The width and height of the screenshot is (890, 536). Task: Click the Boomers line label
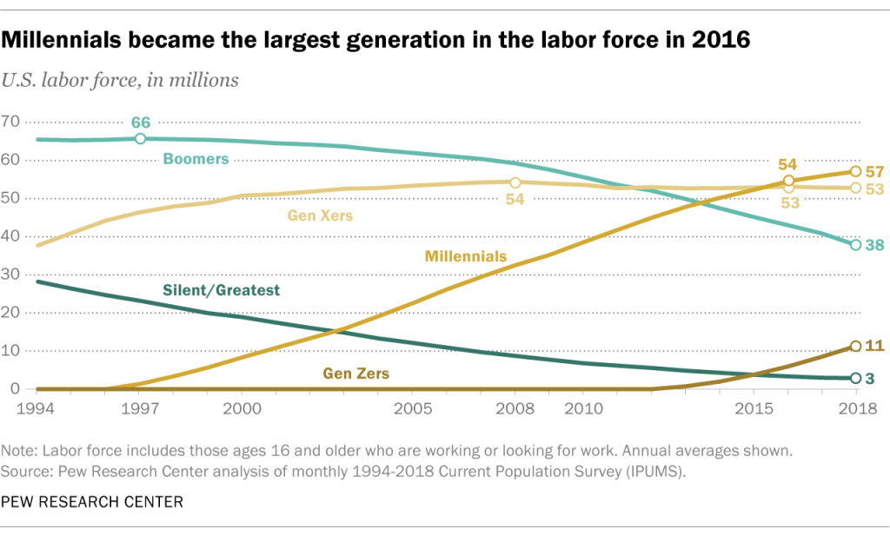[x=196, y=159]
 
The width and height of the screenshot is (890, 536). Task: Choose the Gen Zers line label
[x=355, y=374]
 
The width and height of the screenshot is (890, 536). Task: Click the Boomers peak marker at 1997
[x=141, y=138]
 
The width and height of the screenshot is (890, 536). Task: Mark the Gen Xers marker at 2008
[x=515, y=182]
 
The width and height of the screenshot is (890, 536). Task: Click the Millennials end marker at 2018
[x=855, y=171]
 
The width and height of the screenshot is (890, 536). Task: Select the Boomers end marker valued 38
[x=855, y=245]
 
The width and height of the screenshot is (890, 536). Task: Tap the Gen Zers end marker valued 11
[x=855, y=346]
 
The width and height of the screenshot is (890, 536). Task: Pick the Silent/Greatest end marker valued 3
[x=855, y=378]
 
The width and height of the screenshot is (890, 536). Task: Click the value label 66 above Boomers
[x=141, y=122]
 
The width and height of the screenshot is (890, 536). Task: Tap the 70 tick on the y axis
[x=10, y=121]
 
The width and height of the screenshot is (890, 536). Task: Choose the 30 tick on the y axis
[x=10, y=275]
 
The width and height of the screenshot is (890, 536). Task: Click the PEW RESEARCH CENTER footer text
[x=91, y=501]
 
